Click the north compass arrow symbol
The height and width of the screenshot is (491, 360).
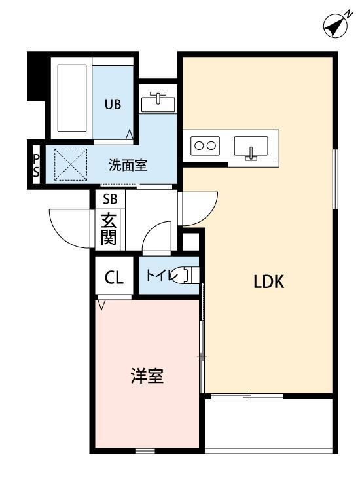(336, 26)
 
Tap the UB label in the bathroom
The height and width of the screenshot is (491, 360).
(114, 103)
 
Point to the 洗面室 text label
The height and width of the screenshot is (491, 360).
(128, 165)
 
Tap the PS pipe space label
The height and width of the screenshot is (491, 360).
(36, 165)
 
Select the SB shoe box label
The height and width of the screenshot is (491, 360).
(109, 199)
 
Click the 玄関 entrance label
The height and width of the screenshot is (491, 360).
(109, 228)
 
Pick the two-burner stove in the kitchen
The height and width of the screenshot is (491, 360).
(204, 146)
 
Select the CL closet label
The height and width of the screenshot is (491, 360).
(114, 278)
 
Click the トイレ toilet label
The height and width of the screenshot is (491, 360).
(159, 277)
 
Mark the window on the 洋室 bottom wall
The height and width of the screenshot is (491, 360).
(145, 451)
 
